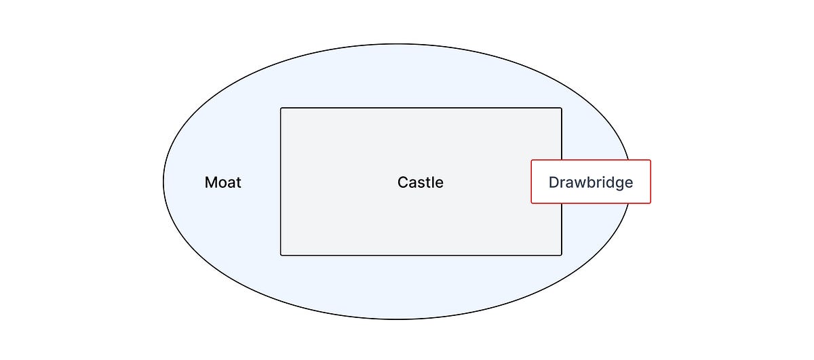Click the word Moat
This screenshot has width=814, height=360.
222,182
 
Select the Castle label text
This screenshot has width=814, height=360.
421,182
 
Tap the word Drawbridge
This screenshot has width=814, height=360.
591,182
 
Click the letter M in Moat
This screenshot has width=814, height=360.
211,182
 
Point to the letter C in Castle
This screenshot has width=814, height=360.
403,182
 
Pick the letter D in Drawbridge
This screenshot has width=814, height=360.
554,182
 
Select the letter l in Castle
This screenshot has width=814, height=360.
433,182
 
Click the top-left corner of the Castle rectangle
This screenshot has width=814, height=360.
281,108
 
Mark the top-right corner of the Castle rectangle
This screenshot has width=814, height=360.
562,108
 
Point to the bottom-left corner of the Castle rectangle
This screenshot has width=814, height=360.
281,255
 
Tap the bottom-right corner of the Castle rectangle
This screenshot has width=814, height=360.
562,255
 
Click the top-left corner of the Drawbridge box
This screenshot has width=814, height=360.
531,160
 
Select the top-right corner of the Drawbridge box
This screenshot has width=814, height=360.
651,160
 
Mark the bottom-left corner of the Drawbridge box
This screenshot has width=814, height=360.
531,203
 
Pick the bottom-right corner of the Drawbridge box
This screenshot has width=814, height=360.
651,203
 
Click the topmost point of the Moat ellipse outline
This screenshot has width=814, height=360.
396,44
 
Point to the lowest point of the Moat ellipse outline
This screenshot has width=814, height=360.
396,319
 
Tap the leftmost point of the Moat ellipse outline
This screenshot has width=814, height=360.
163,182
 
